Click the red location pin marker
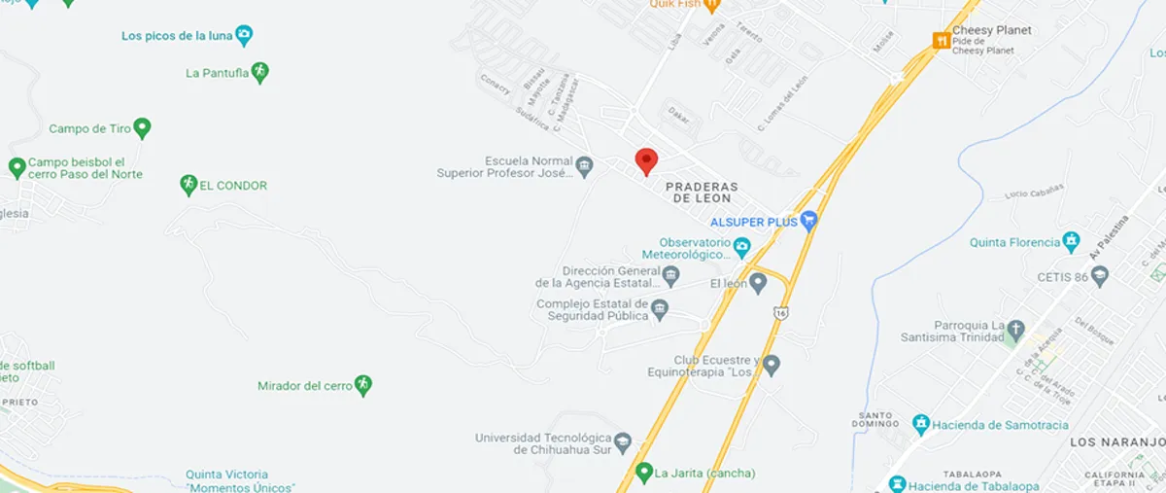coord(646,160)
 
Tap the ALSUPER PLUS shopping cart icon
coord(808,222)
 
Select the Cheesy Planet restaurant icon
coord(941,41)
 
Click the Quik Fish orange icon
coord(712,5)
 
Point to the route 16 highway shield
coord(781,312)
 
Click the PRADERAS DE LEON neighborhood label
coord(702,192)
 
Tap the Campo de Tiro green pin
coord(142,127)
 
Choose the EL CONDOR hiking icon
coord(189,185)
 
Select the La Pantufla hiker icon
coord(258,72)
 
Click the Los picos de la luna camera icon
coord(244,36)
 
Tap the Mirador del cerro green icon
coord(363,385)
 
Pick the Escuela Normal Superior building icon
coord(584,167)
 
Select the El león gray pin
coord(758,282)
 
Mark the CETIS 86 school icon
coord(1100,277)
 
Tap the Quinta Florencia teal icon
coord(1072,241)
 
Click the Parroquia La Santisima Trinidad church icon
coord(1015,331)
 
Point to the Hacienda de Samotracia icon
coord(921,424)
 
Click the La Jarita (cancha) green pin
coord(643,474)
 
